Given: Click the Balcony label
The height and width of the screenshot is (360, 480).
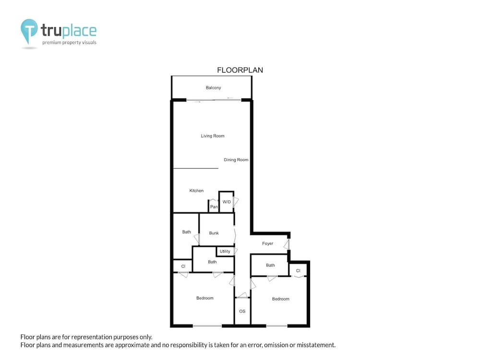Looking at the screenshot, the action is pyautogui.click(x=213, y=87).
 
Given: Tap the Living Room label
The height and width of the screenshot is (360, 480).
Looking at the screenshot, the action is pyautogui.click(x=213, y=136).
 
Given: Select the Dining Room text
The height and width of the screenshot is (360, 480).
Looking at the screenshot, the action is pyautogui.click(x=236, y=160).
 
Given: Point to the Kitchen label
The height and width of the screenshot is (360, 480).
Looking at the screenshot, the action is pyautogui.click(x=196, y=191).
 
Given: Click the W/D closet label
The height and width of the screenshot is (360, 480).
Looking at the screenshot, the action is pyautogui.click(x=227, y=202).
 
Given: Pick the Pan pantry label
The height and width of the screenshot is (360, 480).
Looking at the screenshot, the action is pyautogui.click(x=214, y=207).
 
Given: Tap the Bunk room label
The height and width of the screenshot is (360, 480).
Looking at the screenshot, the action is pyautogui.click(x=214, y=233).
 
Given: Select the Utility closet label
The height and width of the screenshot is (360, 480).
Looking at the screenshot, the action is pyautogui.click(x=225, y=252).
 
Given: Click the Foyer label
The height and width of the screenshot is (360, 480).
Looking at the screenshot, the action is pyautogui.click(x=267, y=244).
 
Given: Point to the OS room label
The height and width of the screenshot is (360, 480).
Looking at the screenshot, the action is pyautogui.click(x=242, y=312).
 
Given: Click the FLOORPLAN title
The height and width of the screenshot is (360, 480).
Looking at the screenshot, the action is pyautogui.click(x=240, y=70).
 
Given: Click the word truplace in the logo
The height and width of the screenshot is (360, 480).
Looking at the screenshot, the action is pyautogui.click(x=69, y=31).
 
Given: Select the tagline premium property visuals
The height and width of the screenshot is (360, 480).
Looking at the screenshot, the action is pyautogui.click(x=69, y=43).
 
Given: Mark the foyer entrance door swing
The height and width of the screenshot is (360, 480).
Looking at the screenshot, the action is pyautogui.click(x=287, y=245).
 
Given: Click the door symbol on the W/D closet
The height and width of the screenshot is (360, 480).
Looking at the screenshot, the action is pyautogui.click(x=236, y=202).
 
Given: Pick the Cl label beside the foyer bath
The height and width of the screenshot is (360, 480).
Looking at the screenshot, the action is pyautogui.click(x=298, y=271).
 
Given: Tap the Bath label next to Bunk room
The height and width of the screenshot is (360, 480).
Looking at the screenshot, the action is pyautogui.click(x=186, y=232).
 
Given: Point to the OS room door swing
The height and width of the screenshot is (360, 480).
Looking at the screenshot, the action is pyautogui.click(x=242, y=295).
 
